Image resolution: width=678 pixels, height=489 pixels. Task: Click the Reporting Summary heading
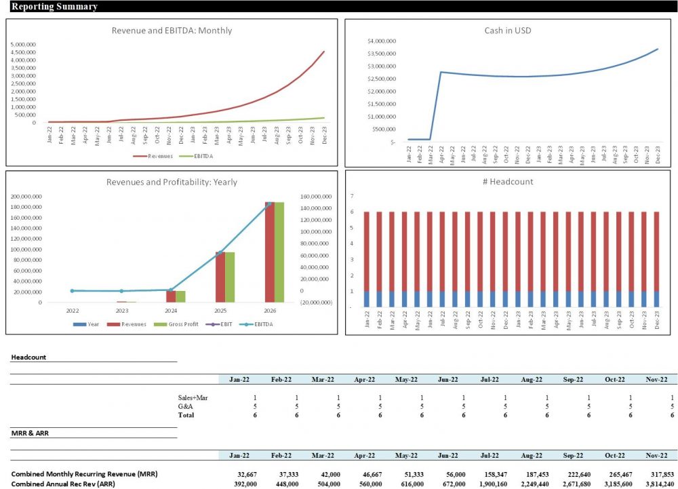[x=54, y=7]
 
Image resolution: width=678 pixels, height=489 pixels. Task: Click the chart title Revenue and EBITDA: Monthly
[x=172, y=31]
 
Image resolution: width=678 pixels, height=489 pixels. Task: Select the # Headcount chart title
[x=511, y=181]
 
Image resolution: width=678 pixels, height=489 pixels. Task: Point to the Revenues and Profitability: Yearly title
[x=172, y=182]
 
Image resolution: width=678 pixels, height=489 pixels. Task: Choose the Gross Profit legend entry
[x=180, y=324]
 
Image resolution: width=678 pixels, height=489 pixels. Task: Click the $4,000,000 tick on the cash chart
[x=382, y=41]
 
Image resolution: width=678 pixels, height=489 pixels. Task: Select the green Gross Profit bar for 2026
[x=279, y=252]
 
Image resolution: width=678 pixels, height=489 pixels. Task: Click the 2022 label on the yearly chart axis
[x=72, y=310]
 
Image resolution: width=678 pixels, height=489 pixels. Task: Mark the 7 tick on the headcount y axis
[x=352, y=196]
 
